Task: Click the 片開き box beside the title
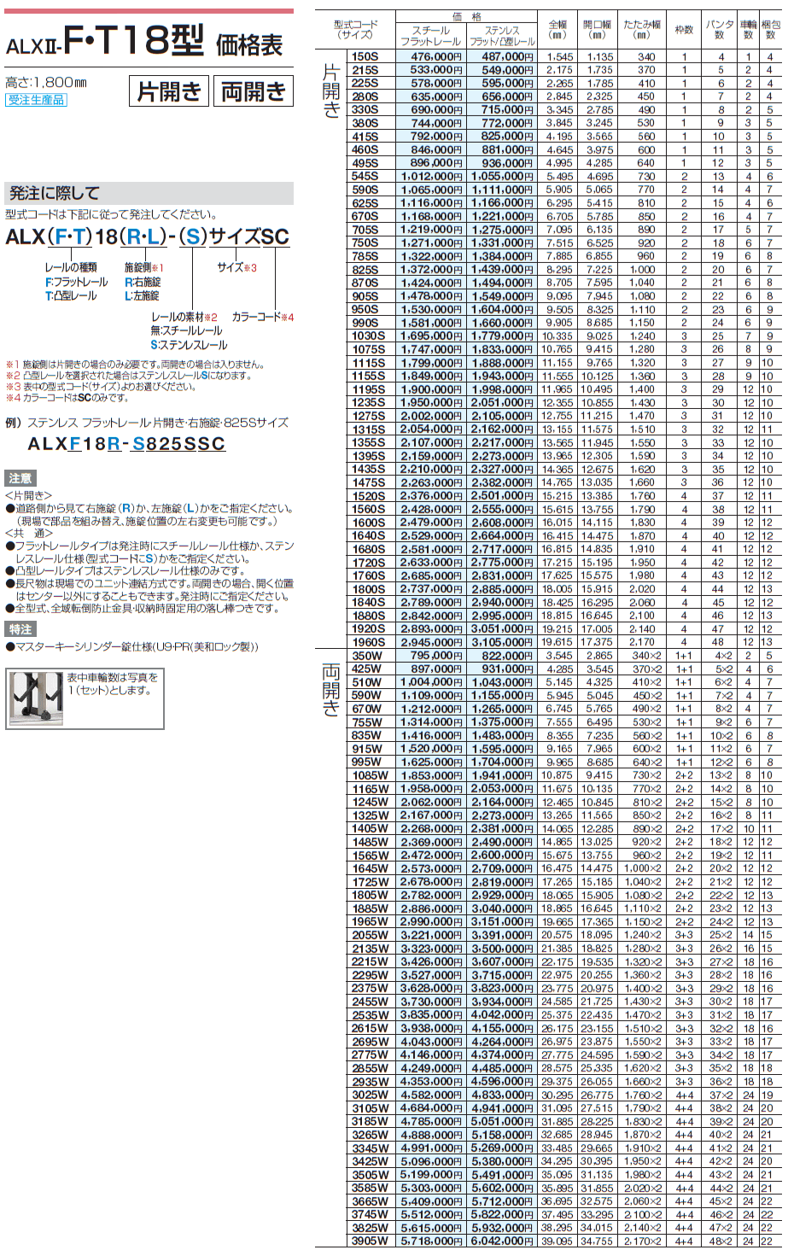(169, 91)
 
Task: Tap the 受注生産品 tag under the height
(36, 100)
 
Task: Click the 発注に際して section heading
(55, 193)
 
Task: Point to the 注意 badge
(20, 478)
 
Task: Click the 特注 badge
(20, 629)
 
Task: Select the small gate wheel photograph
(36, 698)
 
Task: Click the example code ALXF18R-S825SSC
(126, 444)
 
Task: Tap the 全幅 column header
(558, 30)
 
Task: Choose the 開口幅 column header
(599, 30)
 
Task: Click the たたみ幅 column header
(645, 30)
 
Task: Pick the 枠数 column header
(684, 30)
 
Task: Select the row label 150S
(366, 56)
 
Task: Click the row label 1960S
(368, 642)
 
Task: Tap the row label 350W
(367, 656)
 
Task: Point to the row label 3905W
(370, 1241)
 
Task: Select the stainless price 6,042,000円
(502, 1241)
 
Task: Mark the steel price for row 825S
(431, 270)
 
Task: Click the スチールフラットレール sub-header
(431, 35)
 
